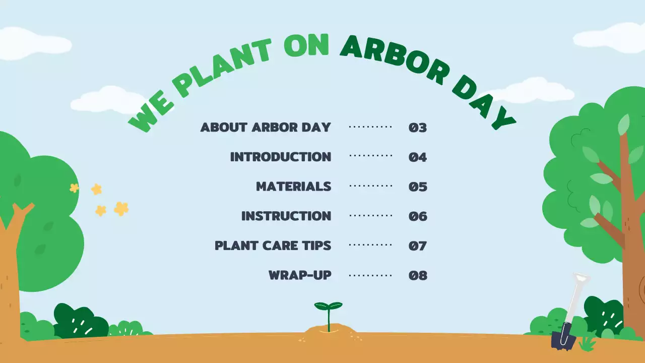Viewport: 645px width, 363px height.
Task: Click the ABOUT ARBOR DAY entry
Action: (x=266, y=127)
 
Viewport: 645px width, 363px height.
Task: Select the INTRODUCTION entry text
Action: (x=281, y=157)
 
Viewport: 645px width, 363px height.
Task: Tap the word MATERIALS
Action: (x=294, y=187)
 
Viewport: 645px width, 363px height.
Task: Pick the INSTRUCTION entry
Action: (x=286, y=216)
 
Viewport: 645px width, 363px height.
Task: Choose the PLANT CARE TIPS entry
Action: (x=273, y=246)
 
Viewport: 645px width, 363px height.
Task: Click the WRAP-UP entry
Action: (x=300, y=275)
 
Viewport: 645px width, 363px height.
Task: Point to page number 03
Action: (x=418, y=128)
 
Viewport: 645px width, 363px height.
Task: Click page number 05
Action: (x=418, y=187)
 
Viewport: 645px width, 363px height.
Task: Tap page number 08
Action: (x=418, y=276)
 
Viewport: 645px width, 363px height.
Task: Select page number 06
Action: (x=418, y=217)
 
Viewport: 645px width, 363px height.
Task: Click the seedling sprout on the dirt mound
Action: (x=329, y=313)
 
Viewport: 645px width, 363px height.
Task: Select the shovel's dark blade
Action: (x=563, y=339)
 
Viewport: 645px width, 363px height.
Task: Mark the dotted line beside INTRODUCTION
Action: (x=370, y=156)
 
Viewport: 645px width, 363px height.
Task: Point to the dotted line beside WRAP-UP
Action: (x=370, y=275)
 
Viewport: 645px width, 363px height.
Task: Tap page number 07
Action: (x=418, y=246)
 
